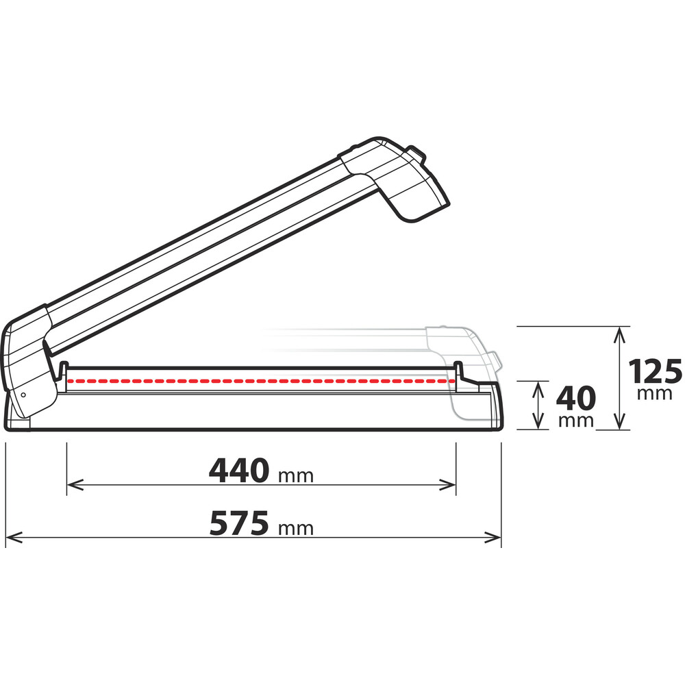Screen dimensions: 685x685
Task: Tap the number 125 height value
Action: (656, 372)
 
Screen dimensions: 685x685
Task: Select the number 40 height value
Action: (575, 398)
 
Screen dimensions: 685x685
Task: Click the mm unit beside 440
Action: (296, 475)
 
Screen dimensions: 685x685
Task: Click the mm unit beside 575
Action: (296, 528)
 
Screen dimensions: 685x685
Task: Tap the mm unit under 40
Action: (575, 421)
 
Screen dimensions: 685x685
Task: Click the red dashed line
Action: (260, 379)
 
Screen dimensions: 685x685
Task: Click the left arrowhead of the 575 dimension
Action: (12, 538)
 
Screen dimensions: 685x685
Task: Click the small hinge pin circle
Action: (23, 395)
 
